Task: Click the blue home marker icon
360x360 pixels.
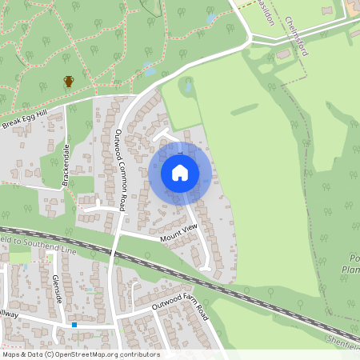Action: [180, 173]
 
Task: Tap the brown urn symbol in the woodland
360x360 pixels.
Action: [69, 81]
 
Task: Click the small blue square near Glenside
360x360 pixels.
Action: [74, 325]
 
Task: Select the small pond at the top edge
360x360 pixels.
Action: [211, 17]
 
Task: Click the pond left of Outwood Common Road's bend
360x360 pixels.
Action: [150, 70]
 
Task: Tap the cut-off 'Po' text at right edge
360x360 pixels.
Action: [354, 258]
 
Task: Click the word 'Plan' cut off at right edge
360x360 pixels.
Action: [352, 269]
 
